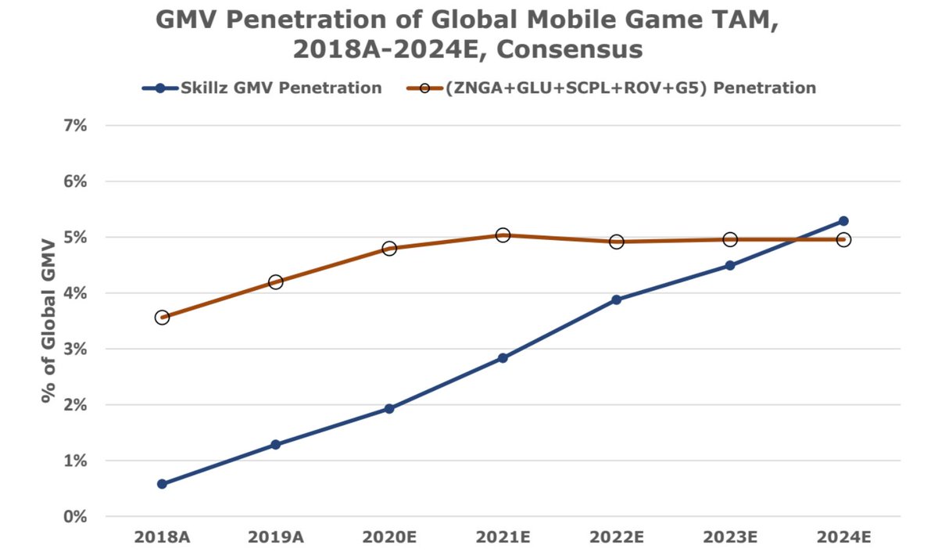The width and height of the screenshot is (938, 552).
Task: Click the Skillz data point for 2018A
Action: [x=162, y=484]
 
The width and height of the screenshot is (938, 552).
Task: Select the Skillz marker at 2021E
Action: [x=503, y=358]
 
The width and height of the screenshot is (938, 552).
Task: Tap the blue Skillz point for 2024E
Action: [x=843, y=221]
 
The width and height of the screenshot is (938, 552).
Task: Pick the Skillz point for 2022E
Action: [x=616, y=299]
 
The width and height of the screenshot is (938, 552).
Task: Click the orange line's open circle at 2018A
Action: [x=162, y=317]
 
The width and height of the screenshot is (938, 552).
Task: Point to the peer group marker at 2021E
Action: [x=503, y=235]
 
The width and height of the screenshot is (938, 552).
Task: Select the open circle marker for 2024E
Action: [x=843, y=239]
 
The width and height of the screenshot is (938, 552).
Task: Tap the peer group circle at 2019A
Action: [x=275, y=281]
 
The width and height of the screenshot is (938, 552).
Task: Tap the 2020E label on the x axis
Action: [x=388, y=539]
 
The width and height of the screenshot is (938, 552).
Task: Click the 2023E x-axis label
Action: [x=729, y=539]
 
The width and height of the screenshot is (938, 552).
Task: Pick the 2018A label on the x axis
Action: [x=162, y=539]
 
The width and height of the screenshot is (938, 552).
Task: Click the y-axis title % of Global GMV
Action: [x=50, y=321]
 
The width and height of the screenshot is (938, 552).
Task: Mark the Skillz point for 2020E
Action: [x=388, y=409]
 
